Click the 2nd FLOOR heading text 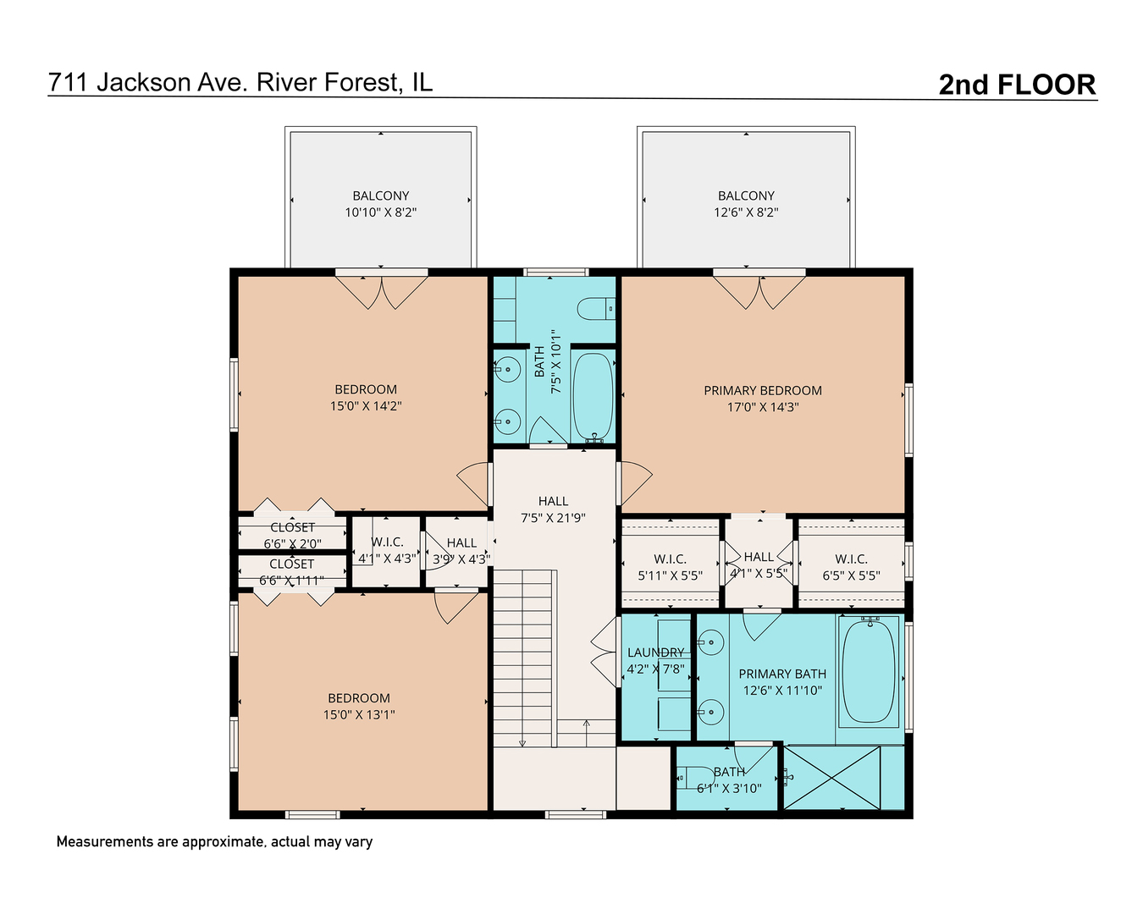(x=1017, y=85)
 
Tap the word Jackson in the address (x=143, y=82)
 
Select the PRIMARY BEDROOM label (x=763, y=390)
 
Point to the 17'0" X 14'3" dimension (x=763, y=407)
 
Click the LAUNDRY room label (x=655, y=652)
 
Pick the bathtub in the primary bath (x=868, y=671)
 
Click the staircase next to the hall (x=523, y=657)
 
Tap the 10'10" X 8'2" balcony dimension (x=381, y=212)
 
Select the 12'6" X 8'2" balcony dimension (x=746, y=212)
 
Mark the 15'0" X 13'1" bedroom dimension (x=359, y=714)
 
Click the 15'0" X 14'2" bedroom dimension (x=366, y=406)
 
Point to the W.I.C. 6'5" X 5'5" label (x=851, y=567)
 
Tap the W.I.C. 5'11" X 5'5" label (x=670, y=567)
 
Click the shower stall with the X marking (x=831, y=777)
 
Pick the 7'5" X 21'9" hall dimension (x=553, y=518)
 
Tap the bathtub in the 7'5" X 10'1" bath (x=593, y=395)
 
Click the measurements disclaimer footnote (x=214, y=842)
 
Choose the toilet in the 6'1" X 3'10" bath (x=697, y=777)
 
